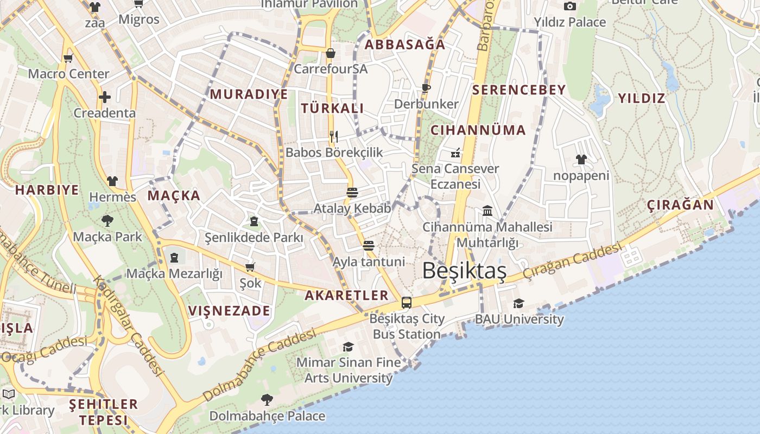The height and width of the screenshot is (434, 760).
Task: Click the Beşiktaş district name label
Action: (x=464, y=271)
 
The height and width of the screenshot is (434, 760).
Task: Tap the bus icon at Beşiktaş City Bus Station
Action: (x=407, y=303)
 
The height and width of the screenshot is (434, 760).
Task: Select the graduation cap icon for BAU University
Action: (x=519, y=303)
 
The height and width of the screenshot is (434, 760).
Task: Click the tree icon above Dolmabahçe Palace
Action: (x=267, y=400)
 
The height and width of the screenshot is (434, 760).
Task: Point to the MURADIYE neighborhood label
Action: (x=249, y=94)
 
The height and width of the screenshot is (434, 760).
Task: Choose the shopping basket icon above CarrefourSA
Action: (x=330, y=53)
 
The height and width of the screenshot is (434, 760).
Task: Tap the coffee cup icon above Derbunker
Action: (x=426, y=87)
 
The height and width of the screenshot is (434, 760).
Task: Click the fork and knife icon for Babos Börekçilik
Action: (x=334, y=136)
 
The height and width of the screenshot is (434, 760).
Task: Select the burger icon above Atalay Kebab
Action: (x=352, y=192)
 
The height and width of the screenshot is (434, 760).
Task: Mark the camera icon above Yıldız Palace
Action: (x=569, y=6)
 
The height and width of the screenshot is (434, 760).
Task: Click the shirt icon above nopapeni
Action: (x=581, y=159)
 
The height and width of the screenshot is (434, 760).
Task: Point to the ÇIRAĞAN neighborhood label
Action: (x=680, y=205)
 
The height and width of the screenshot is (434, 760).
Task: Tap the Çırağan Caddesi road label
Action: (x=572, y=262)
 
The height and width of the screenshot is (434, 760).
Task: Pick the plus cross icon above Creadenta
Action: (x=105, y=97)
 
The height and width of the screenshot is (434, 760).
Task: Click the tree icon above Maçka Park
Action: (x=107, y=220)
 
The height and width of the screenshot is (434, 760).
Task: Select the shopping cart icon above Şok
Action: (x=250, y=267)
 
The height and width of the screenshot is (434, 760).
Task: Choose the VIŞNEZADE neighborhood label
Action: (x=229, y=311)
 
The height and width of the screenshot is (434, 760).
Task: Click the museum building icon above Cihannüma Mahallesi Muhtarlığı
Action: (x=487, y=210)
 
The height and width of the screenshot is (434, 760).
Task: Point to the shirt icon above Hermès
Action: (x=112, y=181)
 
